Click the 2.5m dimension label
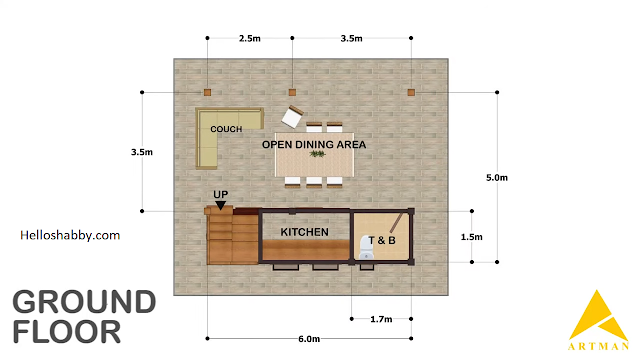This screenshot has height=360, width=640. [x=250, y=38]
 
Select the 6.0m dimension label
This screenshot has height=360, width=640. [x=309, y=339]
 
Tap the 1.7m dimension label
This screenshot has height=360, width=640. [x=381, y=319]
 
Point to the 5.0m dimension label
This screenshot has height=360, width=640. [x=497, y=178]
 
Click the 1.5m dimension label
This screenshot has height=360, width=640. [x=471, y=237]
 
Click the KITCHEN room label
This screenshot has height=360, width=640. [x=304, y=232]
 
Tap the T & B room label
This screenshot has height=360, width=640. [x=382, y=240]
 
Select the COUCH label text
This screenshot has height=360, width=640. [x=226, y=129]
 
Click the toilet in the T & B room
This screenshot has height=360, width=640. [x=366, y=247]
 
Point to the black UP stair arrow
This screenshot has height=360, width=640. [x=220, y=205]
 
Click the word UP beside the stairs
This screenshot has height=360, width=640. [x=221, y=194]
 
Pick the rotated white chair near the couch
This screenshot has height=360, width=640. [x=292, y=117]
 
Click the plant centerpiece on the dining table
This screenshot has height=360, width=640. [x=317, y=154]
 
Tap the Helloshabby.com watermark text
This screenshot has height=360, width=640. [x=70, y=235]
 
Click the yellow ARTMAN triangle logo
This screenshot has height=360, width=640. [x=598, y=316]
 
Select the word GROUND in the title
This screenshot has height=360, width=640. [x=84, y=302]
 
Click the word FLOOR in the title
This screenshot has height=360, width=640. [x=67, y=331]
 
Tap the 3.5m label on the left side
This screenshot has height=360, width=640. [x=142, y=152]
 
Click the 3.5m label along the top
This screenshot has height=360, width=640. [x=351, y=38]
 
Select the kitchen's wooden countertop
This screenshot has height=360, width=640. [x=306, y=249]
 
